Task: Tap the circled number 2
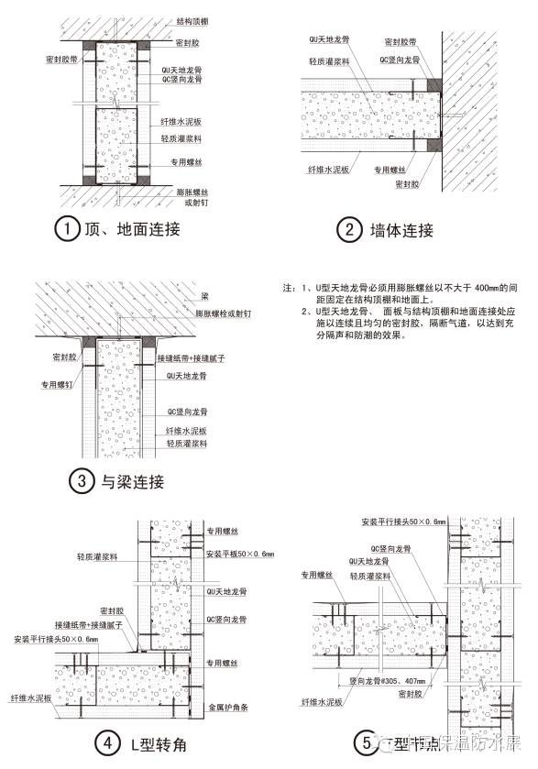point(348,230)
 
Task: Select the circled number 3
point(81,479)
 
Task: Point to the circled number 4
point(109,744)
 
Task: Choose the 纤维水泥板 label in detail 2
point(327,170)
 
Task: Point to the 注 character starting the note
point(288,288)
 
